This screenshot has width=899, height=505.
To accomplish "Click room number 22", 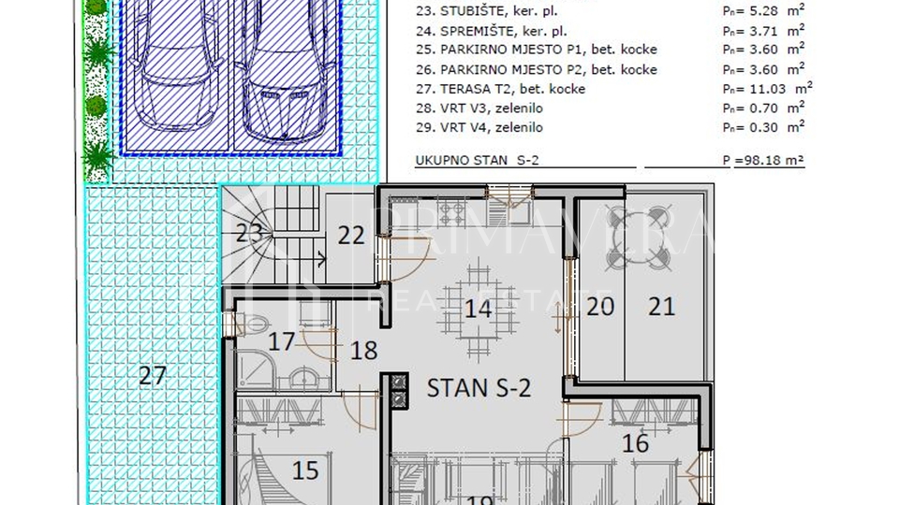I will [x=351, y=235].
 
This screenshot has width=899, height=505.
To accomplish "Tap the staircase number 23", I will [x=249, y=234].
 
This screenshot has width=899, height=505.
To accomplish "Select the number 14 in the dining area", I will [x=479, y=308].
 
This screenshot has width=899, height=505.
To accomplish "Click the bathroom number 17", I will [x=282, y=341].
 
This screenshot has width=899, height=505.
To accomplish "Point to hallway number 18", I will [x=363, y=351].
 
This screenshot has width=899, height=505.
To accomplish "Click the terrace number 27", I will [x=153, y=376].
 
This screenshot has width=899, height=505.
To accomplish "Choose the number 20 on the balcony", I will [x=600, y=306].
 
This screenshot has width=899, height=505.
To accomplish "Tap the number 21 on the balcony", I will [x=662, y=306].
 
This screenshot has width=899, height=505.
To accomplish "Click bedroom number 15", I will [x=306, y=469].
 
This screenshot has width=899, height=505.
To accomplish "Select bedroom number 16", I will [x=636, y=442].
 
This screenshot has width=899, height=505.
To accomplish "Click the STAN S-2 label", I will [x=479, y=386].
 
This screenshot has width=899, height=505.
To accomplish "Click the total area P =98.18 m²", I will [x=763, y=161].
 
